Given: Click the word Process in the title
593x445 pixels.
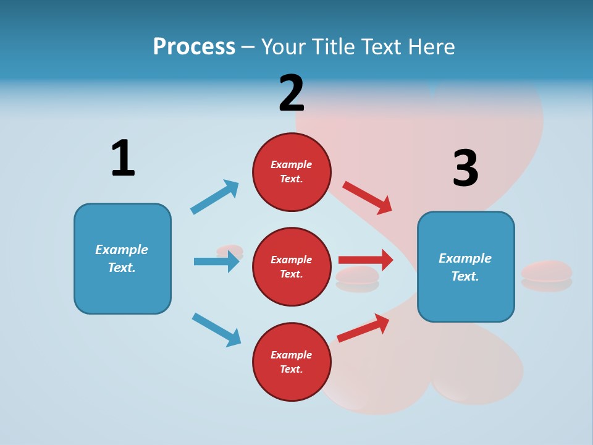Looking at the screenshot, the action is coord(194,47).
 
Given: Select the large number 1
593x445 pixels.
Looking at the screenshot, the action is coord(124,158).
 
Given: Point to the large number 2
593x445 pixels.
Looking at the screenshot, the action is coord(292,93).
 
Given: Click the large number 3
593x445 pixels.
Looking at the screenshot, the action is coord(466,167).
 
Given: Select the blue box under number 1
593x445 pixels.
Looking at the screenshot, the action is coord(122,259).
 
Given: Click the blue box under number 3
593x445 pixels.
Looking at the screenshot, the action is coord(466,267).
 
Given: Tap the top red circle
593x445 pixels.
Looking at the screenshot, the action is coord(292,172).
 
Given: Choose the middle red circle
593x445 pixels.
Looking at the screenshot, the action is coord(292,267).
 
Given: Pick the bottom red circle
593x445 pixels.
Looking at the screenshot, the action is coord(292,362).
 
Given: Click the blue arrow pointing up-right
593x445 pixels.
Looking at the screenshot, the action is coord(214,197).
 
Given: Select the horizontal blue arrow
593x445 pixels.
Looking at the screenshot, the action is coord(217,261).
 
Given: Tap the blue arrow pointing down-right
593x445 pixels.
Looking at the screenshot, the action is coord(216,330).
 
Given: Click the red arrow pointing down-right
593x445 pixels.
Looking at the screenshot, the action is coord(367,198).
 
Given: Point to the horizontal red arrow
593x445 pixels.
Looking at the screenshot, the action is coord(366,260).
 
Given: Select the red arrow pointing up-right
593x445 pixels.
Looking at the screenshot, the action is coord(363,328).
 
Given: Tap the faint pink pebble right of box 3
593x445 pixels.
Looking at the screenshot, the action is coord(547,276).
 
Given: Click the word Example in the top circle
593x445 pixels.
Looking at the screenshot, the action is coord(291,164).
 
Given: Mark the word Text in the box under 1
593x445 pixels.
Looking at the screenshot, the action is coord(122,268).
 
